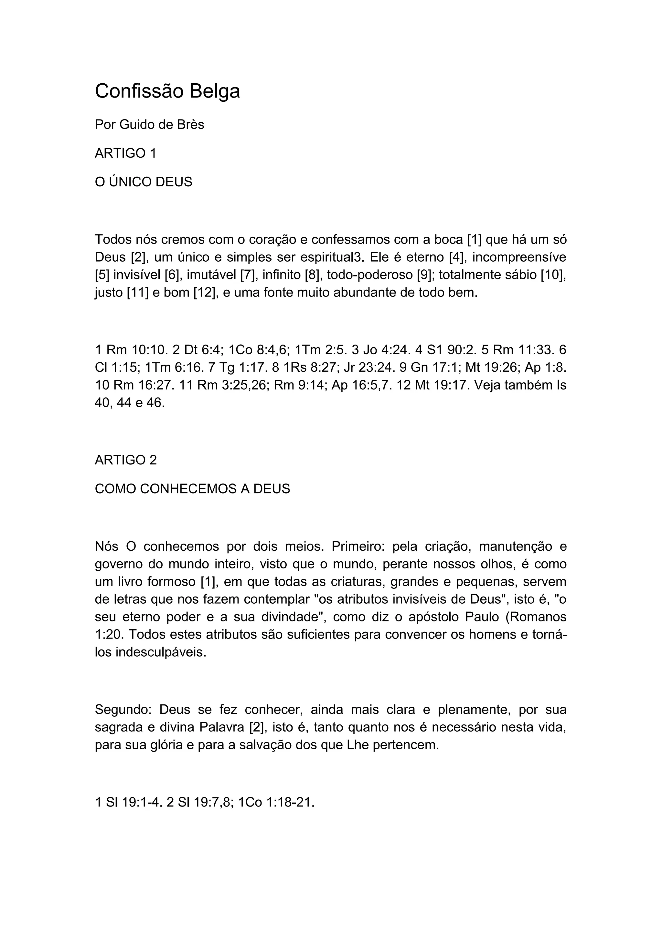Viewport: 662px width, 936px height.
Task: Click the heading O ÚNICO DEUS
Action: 143,182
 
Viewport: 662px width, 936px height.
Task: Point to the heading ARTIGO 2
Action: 126,460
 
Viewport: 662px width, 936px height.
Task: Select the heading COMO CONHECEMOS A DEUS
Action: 192,488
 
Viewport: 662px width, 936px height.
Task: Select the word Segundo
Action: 123,710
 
